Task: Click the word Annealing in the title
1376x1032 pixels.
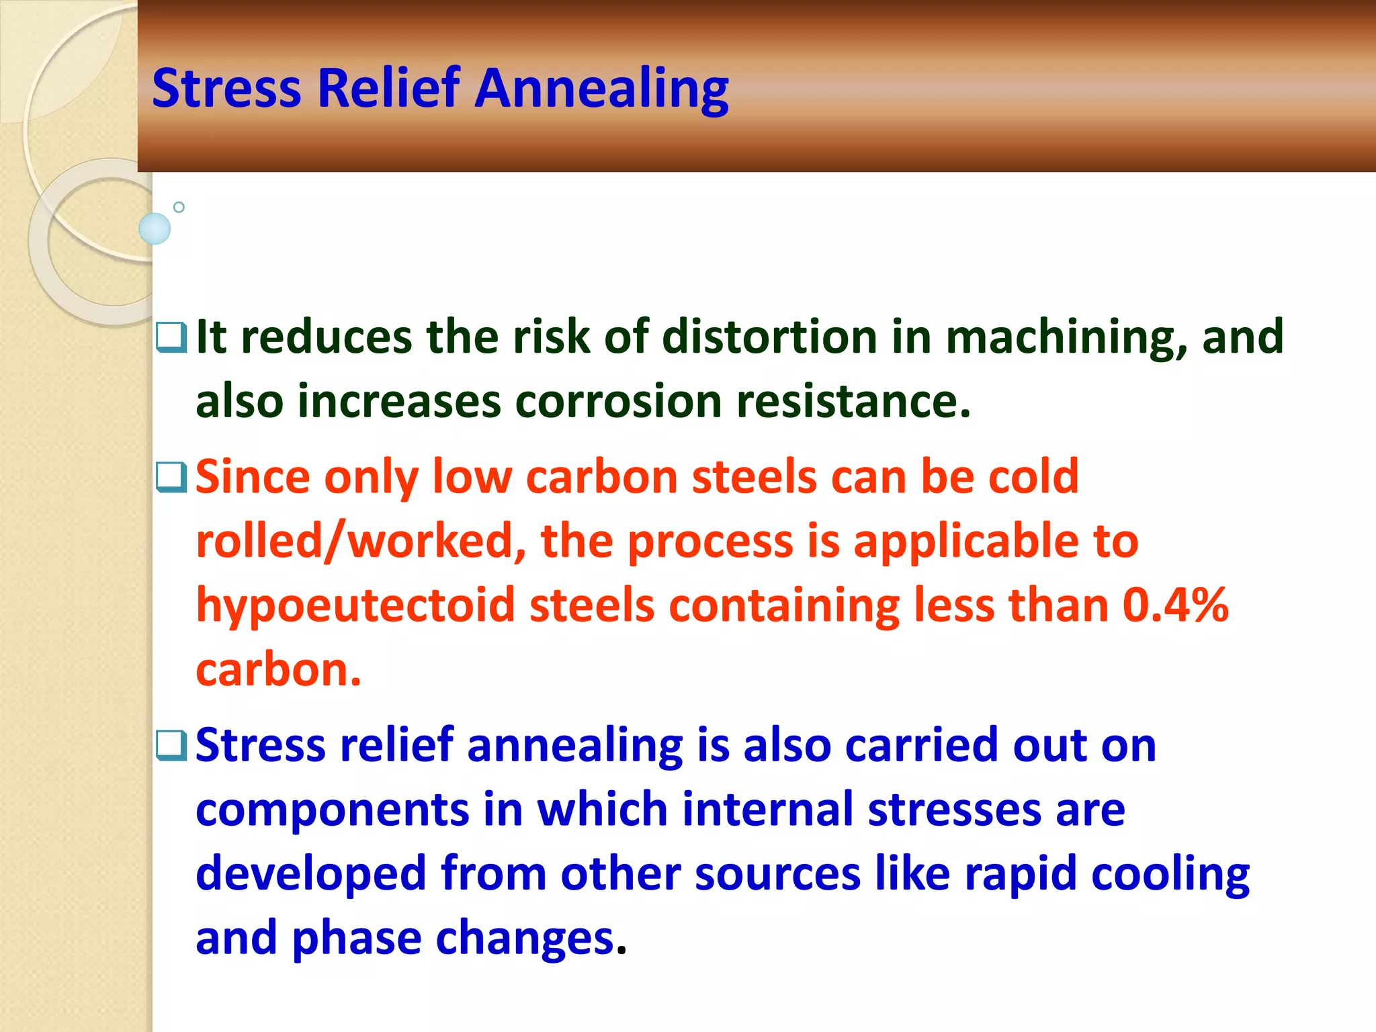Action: (x=602, y=89)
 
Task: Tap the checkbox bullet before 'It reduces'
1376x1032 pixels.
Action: (x=171, y=337)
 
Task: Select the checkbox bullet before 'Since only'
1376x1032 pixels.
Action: (x=171, y=477)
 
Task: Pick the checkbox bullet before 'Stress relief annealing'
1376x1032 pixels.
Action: (x=171, y=746)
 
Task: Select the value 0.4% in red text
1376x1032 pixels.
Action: (x=1176, y=605)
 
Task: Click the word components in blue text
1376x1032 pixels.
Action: (x=333, y=810)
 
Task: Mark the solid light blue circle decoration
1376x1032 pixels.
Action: (x=155, y=228)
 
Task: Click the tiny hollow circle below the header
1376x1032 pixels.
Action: (x=179, y=207)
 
